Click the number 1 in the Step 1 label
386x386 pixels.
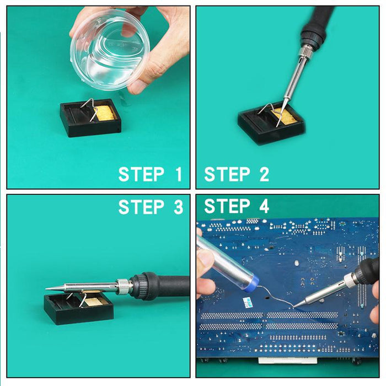(178, 174)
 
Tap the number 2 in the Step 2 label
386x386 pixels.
(264, 174)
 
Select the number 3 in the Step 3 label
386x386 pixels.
(178, 207)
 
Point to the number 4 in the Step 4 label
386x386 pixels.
(264, 206)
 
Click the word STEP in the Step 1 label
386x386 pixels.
(141, 174)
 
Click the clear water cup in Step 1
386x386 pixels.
(110, 51)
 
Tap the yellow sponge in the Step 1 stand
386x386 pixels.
(106, 113)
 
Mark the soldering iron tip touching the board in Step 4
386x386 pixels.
(294, 307)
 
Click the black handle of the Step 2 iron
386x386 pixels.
(318, 22)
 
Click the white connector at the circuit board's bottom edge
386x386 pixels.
(287, 361)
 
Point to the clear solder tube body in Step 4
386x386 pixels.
(224, 260)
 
